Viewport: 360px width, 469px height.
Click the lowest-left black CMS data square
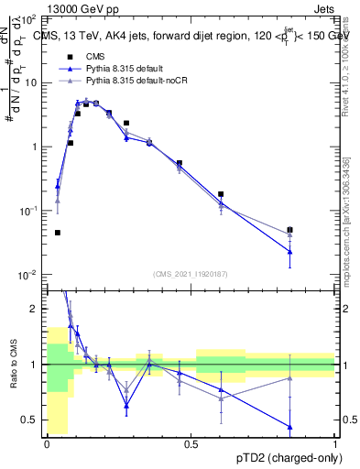pos(58,233)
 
